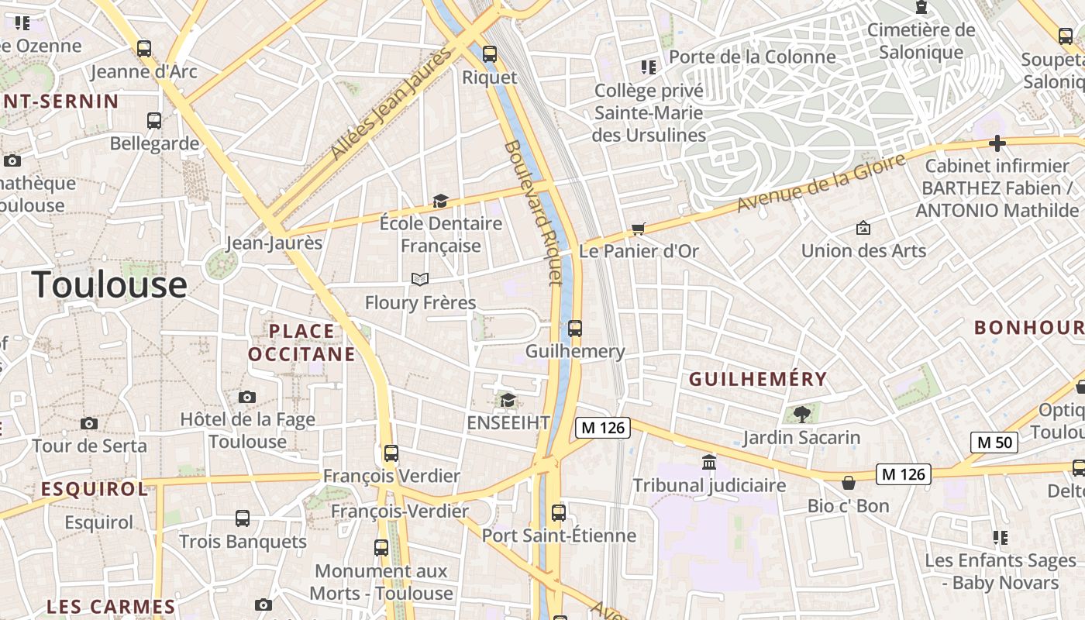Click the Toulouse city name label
[x=109, y=284]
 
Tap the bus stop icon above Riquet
[x=489, y=53]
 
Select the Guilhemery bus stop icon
[x=574, y=328]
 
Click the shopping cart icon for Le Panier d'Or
[x=639, y=228]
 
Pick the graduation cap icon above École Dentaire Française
[x=440, y=201]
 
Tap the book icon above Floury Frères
[x=420, y=279]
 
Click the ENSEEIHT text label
[x=508, y=422]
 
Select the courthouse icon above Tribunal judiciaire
[x=708, y=463]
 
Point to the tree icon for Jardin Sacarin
[x=801, y=414]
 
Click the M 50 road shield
[x=994, y=443]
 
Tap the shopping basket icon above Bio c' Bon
[x=849, y=483]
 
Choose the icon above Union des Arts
[x=863, y=228]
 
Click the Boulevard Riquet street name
[x=532, y=213]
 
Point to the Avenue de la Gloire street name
[x=821, y=183]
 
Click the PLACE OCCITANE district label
[x=301, y=343]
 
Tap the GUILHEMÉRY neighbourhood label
[x=758, y=379]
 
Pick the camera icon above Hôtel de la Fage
[x=247, y=397]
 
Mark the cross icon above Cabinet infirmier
[x=997, y=143]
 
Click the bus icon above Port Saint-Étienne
[x=558, y=512]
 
